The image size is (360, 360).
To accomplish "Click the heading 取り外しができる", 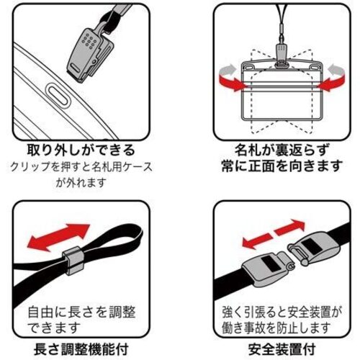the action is point(81,150).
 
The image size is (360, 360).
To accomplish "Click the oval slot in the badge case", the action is point(58,95).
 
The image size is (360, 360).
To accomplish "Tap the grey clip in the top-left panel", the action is point(89,55).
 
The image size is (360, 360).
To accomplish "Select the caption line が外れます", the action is point(81,183).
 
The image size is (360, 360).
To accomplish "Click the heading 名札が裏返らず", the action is point(282,150).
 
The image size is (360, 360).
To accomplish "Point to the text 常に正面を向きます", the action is point(282,166).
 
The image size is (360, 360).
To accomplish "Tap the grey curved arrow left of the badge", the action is point(228,70).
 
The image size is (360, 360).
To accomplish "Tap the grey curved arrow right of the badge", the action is point(336,70).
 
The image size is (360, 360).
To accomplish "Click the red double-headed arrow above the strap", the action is point(58,237).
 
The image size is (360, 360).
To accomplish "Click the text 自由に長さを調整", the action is point(81,312).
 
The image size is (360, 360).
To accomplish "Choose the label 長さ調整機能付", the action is point(81,349).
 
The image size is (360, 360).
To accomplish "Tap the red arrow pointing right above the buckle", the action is point(289,228).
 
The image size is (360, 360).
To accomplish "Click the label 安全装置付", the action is point(282,349).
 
